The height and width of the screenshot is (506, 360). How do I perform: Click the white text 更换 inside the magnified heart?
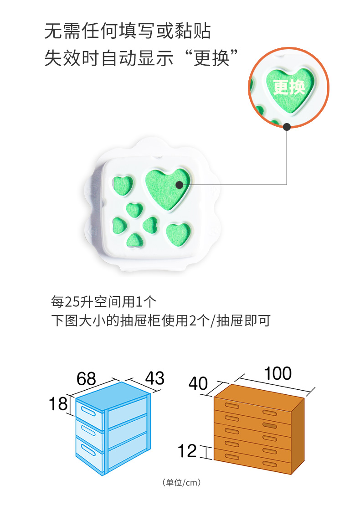click(x=288, y=87)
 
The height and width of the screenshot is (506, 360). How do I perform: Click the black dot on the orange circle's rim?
click(x=287, y=127)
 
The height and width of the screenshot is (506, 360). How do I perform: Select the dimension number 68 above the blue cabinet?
click(x=87, y=379)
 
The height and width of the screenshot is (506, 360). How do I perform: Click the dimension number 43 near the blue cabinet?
click(x=154, y=378)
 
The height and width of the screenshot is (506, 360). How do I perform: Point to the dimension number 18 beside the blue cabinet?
click(x=59, y=404)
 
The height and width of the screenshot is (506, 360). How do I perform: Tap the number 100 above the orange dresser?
click(x=278, y=373)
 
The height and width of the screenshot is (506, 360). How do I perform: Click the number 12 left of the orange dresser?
click(x=187, y=451)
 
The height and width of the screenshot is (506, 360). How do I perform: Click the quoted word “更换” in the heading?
click(x=211, y=59)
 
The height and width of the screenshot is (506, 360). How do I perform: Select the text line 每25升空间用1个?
click(x=104, y=301)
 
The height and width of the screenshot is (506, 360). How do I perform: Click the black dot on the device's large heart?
click(x=179, y=185)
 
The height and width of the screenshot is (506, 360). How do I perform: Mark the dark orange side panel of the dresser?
click(x=298, y=435)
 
